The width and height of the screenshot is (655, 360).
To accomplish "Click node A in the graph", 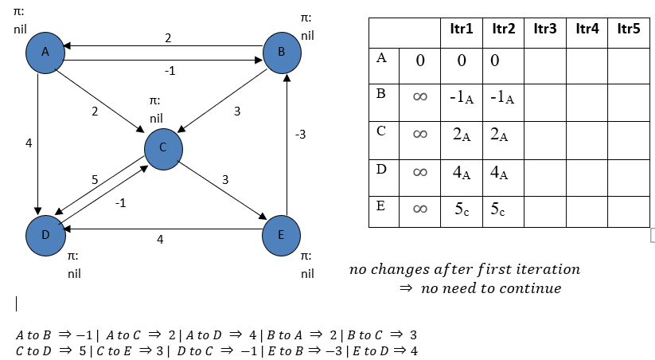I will point(46,52).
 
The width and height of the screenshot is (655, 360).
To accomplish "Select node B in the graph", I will point(282,52).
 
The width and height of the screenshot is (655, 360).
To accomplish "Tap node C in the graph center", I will point(164,147).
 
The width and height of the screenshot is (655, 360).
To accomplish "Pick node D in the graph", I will point(46,236).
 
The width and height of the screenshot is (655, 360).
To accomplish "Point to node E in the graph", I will point(282,236).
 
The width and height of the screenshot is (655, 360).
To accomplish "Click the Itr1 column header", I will point(461,29).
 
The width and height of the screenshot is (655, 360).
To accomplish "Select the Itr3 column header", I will point(544,29).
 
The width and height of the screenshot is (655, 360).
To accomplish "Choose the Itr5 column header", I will point(629,29).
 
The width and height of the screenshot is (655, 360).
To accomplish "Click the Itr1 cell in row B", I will point(461,97).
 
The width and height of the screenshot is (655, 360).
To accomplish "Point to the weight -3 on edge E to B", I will point(299,135).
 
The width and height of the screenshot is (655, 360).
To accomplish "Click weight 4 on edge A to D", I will point(29,145).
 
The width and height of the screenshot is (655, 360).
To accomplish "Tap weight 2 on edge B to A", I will point(168,37).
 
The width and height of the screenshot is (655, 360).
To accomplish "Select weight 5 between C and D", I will point(95,180).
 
